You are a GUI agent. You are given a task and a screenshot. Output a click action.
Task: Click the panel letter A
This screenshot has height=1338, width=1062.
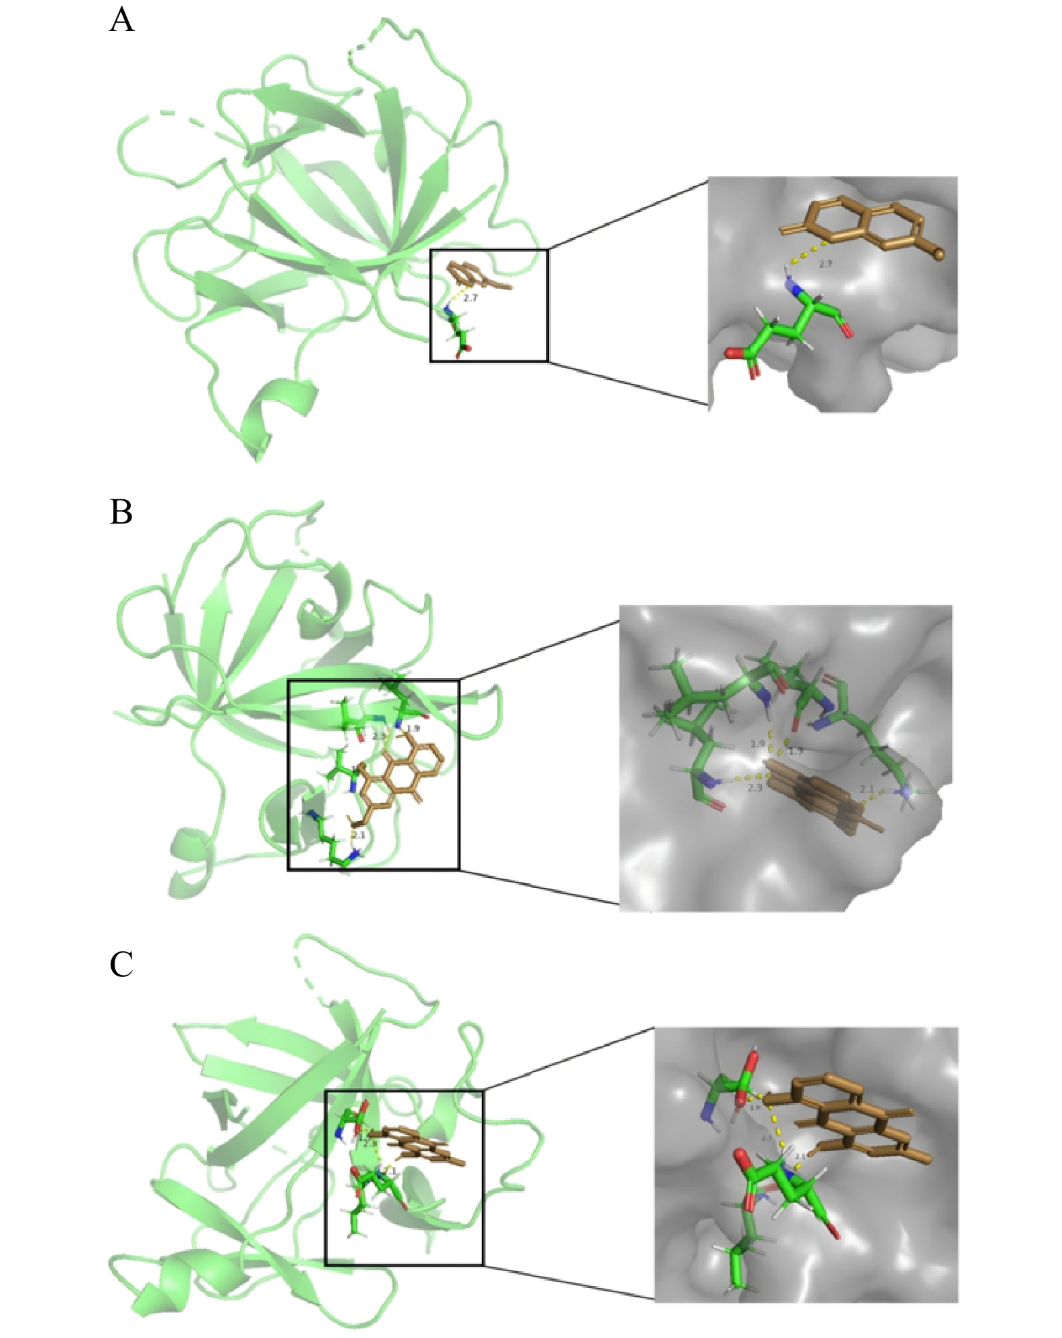pos(121,20)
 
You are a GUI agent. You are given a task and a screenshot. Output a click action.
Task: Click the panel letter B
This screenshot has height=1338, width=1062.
pos(121,511)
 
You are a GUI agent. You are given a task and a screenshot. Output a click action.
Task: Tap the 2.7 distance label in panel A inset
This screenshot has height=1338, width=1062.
pos(825,264)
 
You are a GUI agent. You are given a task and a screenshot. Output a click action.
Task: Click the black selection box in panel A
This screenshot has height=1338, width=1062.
pos(489,250)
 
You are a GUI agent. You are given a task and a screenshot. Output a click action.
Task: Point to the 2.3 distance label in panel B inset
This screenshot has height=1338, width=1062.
pos(755,787)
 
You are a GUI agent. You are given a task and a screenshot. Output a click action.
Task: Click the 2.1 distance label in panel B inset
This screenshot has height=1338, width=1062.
pos(866,789)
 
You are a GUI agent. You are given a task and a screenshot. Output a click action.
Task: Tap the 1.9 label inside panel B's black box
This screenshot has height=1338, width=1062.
pos(413,729)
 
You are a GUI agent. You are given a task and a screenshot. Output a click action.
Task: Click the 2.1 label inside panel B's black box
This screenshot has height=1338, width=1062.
pos(358,835)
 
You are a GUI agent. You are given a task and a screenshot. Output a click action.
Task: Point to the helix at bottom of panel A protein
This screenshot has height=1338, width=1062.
pos(276,412)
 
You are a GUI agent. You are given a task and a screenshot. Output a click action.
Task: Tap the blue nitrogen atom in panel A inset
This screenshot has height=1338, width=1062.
pos(796,291)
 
